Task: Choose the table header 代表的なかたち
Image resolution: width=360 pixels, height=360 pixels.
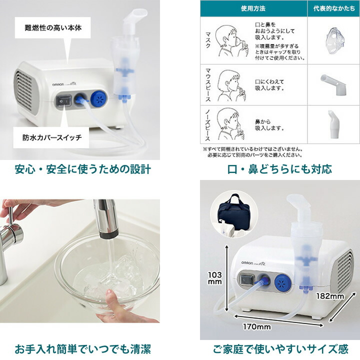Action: point(332,8)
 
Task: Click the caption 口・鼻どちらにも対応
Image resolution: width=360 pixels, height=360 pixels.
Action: point(280,169)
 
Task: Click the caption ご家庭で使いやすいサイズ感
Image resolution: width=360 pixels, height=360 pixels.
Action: point(280,348)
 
